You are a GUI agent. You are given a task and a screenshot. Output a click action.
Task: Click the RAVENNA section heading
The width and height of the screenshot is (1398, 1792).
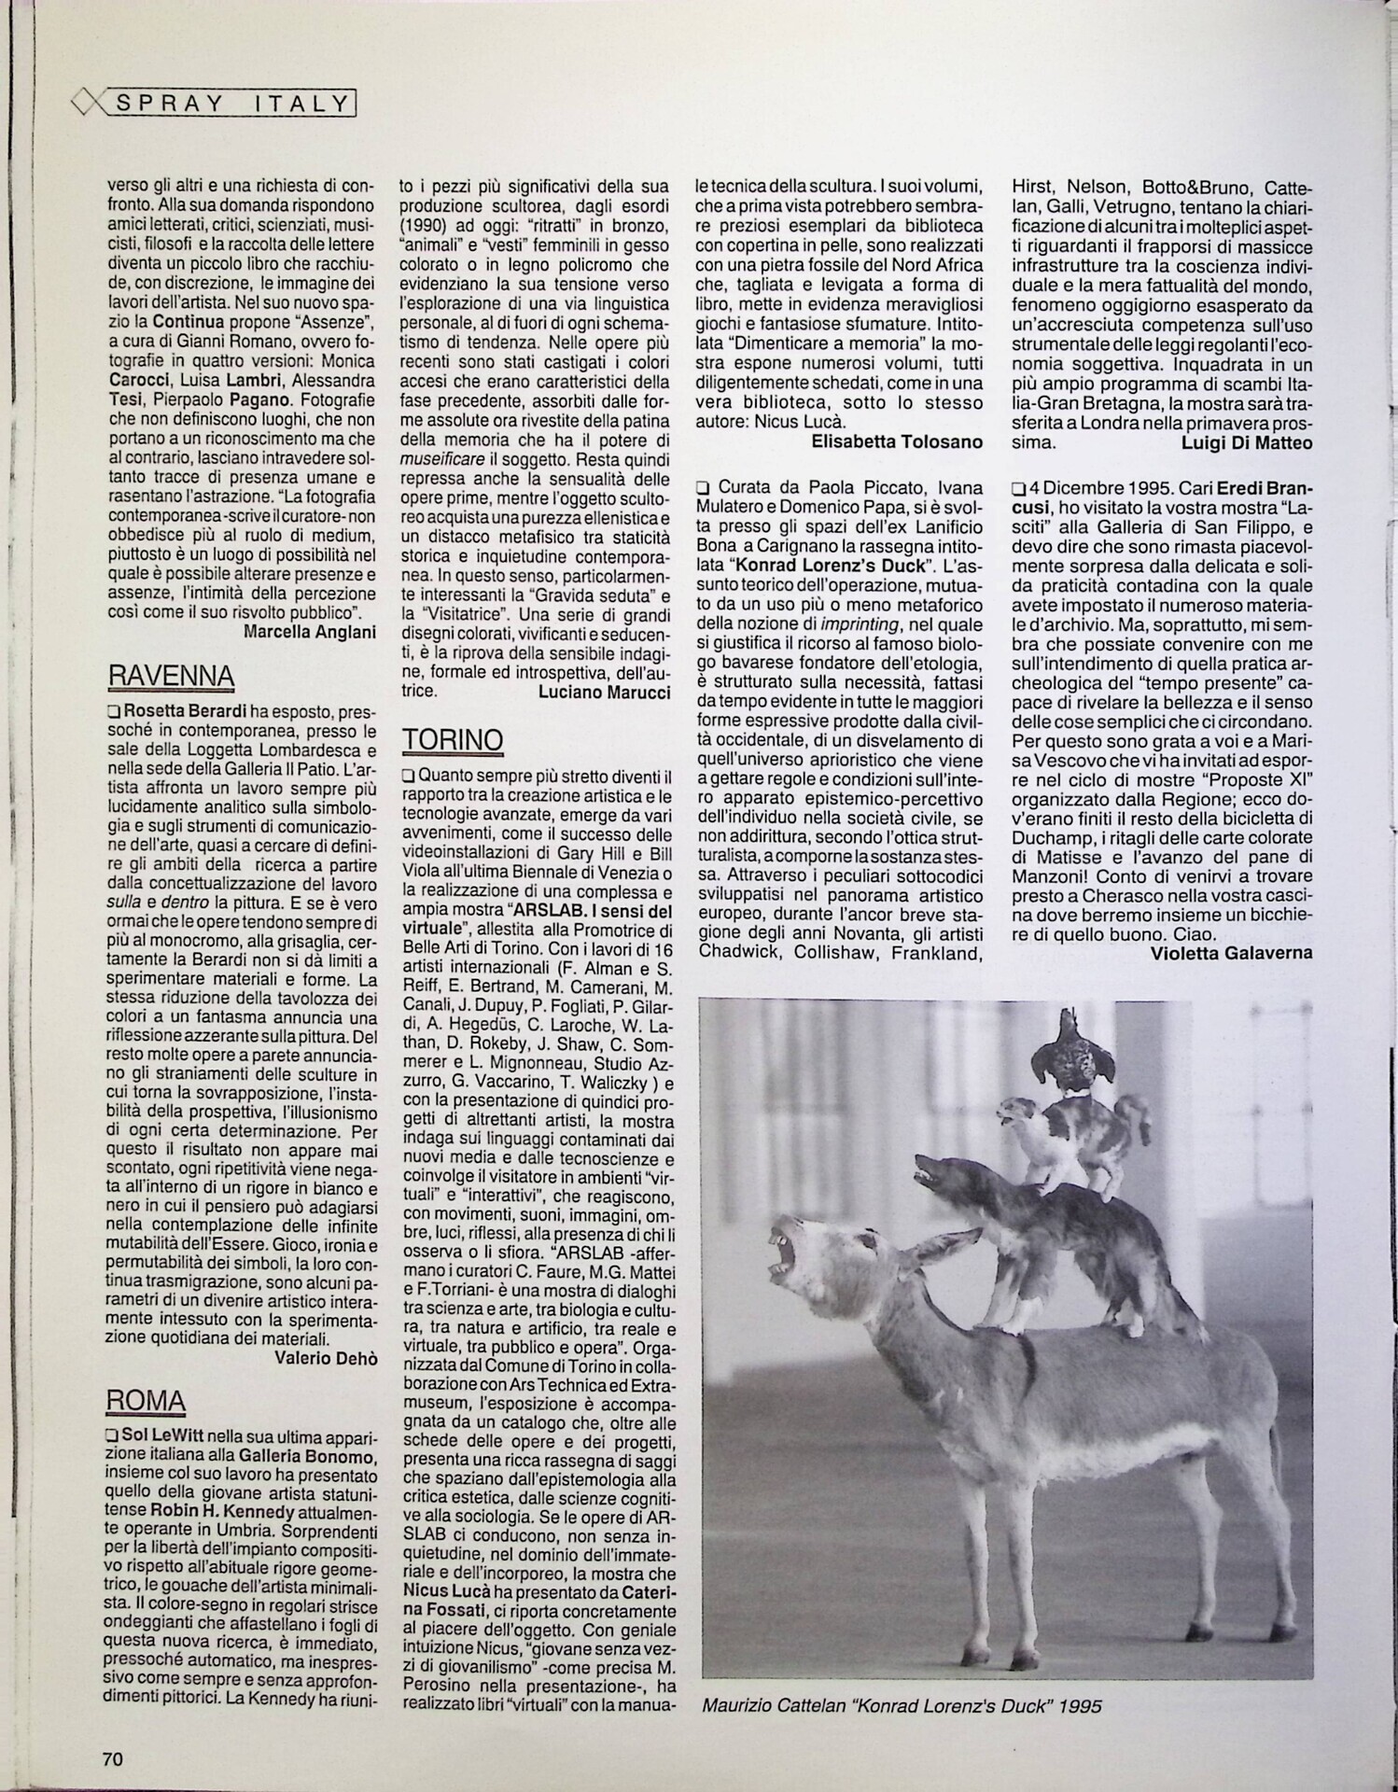[x=171, y=675]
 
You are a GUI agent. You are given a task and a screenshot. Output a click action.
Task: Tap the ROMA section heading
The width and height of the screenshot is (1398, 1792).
[x=146, y=1399]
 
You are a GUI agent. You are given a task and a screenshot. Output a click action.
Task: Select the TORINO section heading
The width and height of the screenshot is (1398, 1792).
[x=453, y=739]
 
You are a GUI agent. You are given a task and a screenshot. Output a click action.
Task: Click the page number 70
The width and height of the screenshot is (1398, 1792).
[x=112, y=1758]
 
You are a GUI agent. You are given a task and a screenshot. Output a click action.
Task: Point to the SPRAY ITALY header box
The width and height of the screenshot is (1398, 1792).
[x=232, y=104]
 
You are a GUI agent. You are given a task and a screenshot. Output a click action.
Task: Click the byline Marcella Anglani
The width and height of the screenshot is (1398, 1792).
[x=310, y=632]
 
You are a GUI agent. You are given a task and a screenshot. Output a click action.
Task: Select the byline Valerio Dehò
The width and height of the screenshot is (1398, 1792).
[x=326, y=1358]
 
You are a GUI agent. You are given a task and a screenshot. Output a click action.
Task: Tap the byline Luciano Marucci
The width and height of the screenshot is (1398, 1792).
[x=605, y=692]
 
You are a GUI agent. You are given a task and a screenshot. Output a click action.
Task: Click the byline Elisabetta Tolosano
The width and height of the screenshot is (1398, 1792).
[x=897, y=441]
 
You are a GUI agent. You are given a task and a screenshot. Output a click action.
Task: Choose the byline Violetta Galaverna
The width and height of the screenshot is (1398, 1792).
[x=1232, y=953]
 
